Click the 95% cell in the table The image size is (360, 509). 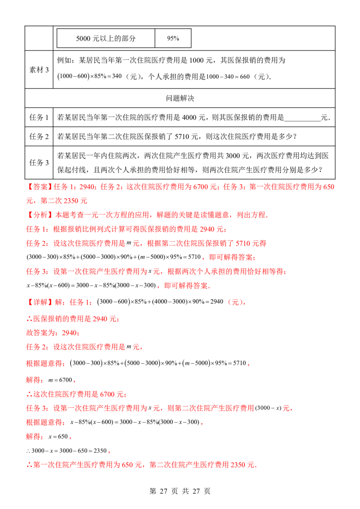click(x=173, y=38)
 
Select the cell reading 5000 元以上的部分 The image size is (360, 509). click(x=106, y=38)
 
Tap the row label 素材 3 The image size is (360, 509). click(x=39, y=70)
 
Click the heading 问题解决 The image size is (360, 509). click(x=180, y=98)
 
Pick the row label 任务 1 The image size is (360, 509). click(x=39, y=117)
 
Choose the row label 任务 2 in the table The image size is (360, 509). click(x=39, y=136)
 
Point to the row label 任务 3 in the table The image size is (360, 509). click(x=39, y=163)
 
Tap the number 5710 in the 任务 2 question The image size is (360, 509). click(x=182, y=137)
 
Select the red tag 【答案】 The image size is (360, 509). click(x=40, y=187)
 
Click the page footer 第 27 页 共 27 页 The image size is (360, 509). click(x=180, y=491)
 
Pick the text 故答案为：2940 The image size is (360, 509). click(x=52, y=333)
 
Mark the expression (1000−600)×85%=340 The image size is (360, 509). click(x=90, y=76)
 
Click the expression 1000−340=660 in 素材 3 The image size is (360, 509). click(x=228, y=76)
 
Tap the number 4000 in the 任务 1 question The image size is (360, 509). click(x=189, y=117)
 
